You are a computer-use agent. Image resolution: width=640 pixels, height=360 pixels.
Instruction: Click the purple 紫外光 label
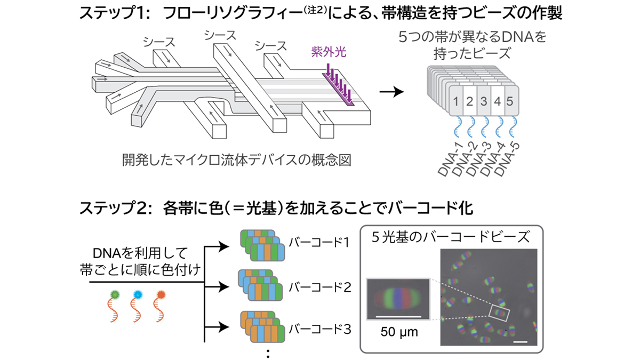coord(329,52)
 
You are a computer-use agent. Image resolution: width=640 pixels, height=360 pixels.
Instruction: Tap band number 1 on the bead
coord(455,101)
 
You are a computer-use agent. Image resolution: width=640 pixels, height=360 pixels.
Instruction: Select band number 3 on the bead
coord(483,101)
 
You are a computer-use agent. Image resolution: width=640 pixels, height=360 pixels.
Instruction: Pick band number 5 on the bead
coord(510,101)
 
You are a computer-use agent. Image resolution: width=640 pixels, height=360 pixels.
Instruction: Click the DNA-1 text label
coord(451,160)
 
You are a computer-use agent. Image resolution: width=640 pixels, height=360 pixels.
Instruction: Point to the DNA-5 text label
coord(507,159)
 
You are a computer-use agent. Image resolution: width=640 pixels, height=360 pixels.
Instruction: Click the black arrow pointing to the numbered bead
coord(391,92)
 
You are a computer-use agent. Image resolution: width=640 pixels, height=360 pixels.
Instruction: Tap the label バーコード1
coord(319,243)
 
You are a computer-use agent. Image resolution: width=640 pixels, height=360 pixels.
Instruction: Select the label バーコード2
coord(319,287)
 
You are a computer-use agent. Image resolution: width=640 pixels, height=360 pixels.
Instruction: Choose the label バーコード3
coord(319,329)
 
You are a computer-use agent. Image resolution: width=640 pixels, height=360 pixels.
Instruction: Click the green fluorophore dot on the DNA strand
coord(115,294)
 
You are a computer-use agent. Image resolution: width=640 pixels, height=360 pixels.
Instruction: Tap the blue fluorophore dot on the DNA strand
coord(138,294)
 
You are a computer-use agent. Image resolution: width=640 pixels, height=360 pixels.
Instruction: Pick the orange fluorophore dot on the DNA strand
coord(161,294)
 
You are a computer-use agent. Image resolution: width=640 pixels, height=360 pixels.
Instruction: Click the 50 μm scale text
coord(399,332)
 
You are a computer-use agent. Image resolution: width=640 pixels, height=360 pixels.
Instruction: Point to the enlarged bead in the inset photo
coord(398,299)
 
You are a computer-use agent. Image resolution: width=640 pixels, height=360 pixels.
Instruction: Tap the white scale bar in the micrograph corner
coord(521,341)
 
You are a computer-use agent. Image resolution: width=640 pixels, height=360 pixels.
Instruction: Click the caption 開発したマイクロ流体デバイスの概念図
coord(237,160)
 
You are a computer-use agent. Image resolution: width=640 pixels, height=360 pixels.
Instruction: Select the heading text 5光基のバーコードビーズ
coord(451,237)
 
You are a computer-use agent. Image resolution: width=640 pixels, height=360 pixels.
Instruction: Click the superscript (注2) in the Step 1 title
coord(315,10)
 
